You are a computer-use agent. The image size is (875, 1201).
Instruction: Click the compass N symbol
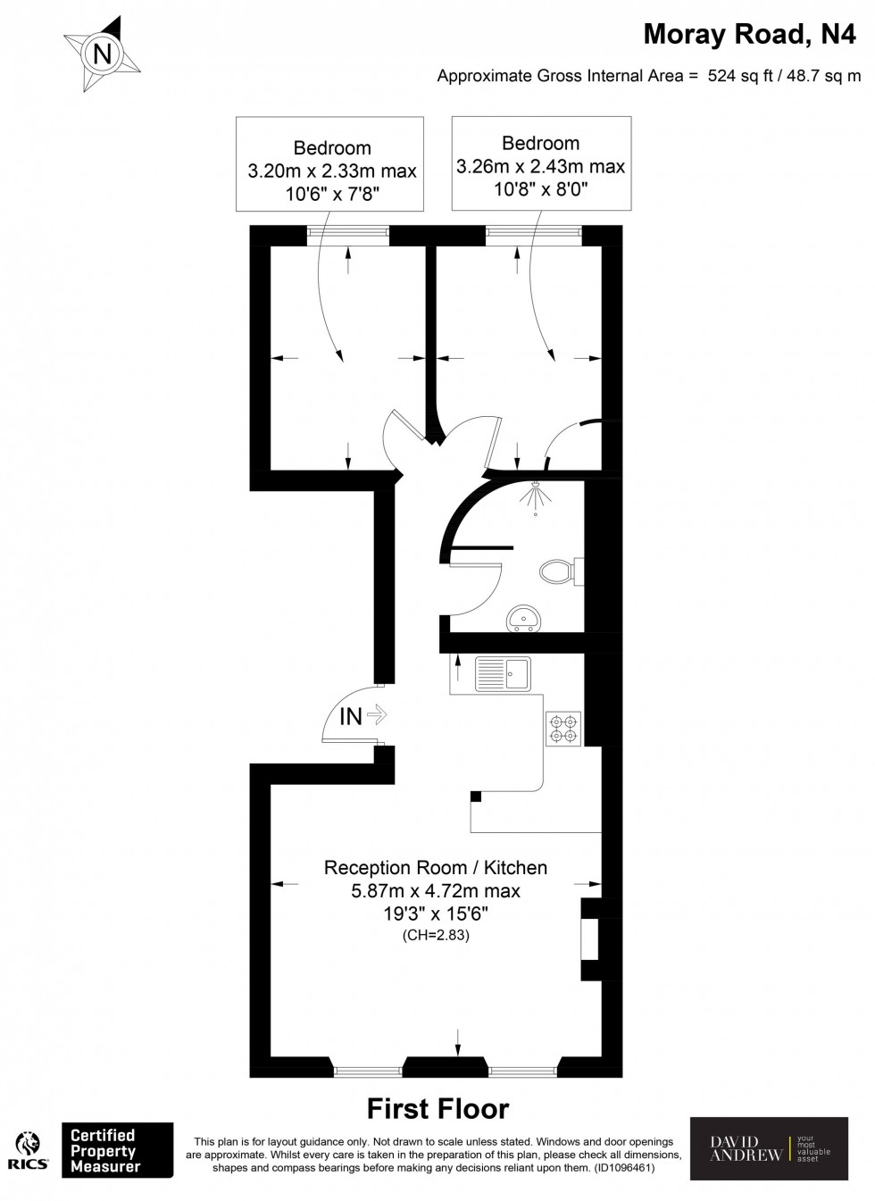(x=102, y=54)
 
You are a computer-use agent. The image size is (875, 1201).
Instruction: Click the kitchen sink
(x=503, y=674)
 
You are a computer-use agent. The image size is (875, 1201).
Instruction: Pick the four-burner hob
(x=563, y=729)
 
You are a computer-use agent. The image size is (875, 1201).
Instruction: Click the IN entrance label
(x=352, y=715)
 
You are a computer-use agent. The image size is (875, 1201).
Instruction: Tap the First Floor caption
(x=437, y=1109)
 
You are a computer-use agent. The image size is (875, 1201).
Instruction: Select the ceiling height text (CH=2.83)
(x=436, y=936)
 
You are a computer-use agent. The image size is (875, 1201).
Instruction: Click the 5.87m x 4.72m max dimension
(x=436, y=890)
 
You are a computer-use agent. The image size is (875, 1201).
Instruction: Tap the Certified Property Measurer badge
(x=116, y=1150)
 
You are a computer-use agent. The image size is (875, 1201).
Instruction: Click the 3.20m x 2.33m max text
(x=332, y=171)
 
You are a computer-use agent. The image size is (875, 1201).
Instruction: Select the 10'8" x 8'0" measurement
(x=540, y=189)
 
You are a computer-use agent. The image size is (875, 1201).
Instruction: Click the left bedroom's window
(x=348, y=235)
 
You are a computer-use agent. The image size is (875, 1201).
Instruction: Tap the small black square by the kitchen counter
(x=476, y=796)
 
